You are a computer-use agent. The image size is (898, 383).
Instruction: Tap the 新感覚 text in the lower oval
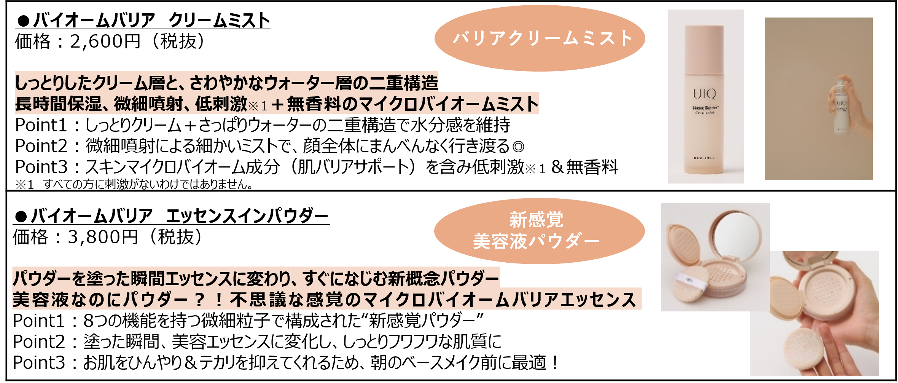tap(536, 220)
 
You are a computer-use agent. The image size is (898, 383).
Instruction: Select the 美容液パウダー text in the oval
tap(536, 241)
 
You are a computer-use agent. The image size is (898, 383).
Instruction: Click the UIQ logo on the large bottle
tap(705, 94)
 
